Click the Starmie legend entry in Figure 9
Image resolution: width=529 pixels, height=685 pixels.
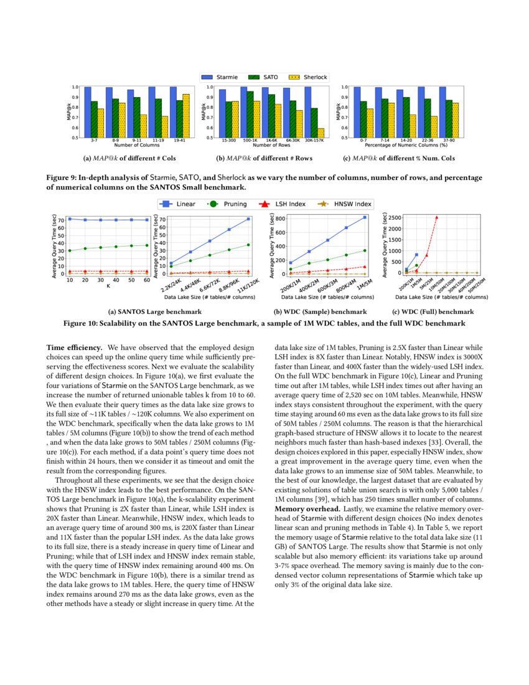pyautogui.click(x=220, y=78)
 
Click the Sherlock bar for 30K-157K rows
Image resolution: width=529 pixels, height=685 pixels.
pyautogui.click(x=321, y=133)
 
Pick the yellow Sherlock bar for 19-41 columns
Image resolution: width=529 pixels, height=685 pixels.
pyautogui.click(x=186, y=115)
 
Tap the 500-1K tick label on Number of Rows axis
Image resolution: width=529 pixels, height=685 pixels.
pyautogui.click(x=250, y=141)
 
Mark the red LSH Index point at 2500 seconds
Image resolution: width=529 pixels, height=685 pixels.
pyautogui.click(x=437, y=217)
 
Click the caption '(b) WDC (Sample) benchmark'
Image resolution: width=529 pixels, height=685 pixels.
pyautogui.click(x=320, y=311)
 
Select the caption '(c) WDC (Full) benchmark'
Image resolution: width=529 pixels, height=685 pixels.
pyautogui.click(x=433, y=311)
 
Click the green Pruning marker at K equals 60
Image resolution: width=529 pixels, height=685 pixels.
pyautogui.click(x=147, y=245)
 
